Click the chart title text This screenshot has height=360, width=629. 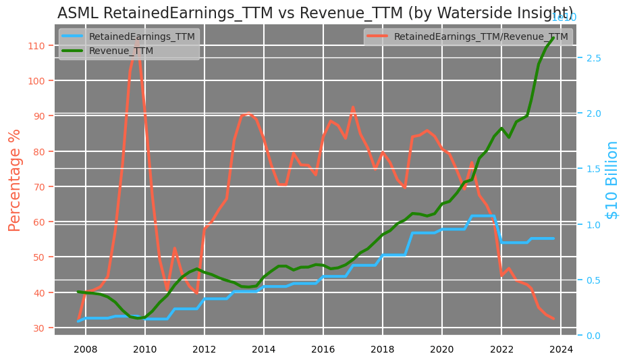pos(306,14)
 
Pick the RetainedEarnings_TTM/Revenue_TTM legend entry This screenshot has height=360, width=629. pos(481,36)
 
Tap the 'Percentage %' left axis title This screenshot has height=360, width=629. pos(15,180)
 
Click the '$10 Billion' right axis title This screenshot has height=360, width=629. pos(612,180)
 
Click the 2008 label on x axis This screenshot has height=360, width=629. pos(84,349)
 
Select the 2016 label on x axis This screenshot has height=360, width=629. pos(323,349)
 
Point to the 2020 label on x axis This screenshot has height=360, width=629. pos(442,349)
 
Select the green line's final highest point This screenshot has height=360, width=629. pos(553,38)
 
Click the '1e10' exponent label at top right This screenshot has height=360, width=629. pos(564,18)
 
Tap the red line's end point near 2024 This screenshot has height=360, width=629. pos(553,319)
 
